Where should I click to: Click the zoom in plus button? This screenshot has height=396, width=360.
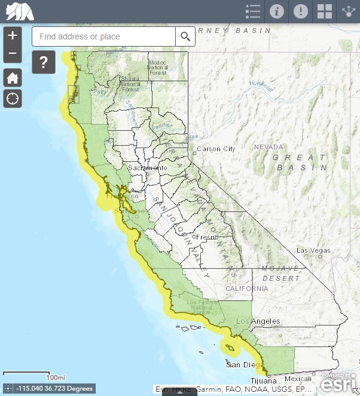pos(13,35)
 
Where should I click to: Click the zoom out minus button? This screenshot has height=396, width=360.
pos(13,54)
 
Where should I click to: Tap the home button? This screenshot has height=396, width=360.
pos(13,77)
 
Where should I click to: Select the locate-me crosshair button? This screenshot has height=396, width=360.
pos(13,98)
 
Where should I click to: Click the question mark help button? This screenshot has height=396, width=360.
pos(43,62)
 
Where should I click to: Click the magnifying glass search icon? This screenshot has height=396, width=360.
pos(185,36)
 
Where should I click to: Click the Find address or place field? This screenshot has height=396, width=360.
pos(103,36)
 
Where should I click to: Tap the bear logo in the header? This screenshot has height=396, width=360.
pos(19,11)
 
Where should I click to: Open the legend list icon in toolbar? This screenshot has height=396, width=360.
pos(253,11)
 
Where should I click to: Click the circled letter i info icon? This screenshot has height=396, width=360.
pos(276,11)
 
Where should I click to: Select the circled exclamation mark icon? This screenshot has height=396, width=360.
pos(301,11)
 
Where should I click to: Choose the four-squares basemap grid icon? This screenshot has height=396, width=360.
pos(325,11)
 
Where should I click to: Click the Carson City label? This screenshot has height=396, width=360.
pos(216,149)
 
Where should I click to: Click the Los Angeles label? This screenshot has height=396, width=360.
pos(258,321)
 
